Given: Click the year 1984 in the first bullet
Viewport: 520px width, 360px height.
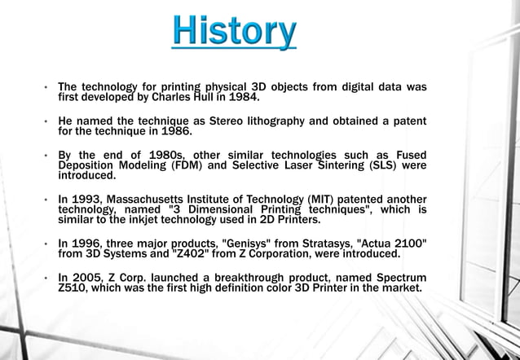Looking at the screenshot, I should pyautogui.click(x=244, y=98).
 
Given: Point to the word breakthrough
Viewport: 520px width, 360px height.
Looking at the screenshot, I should pyautogui.click(x=246, y=277).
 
